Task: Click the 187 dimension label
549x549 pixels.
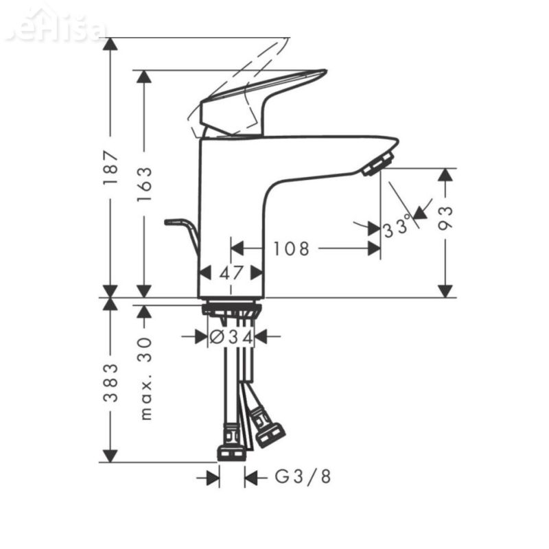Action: click(x=111, y=167)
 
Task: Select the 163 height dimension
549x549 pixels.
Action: click(x=144, y=183)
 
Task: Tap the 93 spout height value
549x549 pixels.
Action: click(x=445, y=218)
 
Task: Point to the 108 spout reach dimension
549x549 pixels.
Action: click(x=291, y=248)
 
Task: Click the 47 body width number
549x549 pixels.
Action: click(x=231, y=273)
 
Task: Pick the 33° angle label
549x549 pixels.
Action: click(x=397, y=226)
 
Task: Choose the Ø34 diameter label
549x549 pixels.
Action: click(x=231, y=337)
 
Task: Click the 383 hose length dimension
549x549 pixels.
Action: click(x=111, y=382)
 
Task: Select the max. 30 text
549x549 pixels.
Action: click(x=145, y=378)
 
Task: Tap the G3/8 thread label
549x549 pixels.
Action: click(x=303, y=476)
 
